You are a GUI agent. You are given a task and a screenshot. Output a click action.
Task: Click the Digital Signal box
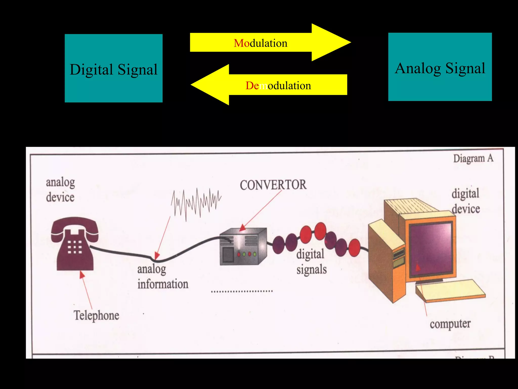(x=114, y=68)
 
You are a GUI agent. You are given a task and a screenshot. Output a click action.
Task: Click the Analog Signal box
(x=440, y=67)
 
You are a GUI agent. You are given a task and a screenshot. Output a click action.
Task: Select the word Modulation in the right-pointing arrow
(x=261, y=43)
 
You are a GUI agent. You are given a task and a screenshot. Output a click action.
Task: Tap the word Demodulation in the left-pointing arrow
(x=278, y=86)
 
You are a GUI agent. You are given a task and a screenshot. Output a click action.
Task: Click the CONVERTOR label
(x=273, y=185)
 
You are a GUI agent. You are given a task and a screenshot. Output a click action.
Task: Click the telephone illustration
(x=74, y=243)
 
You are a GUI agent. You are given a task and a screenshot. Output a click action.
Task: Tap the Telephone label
(x=96, y=316)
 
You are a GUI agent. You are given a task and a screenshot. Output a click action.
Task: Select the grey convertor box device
(x=243, y=247)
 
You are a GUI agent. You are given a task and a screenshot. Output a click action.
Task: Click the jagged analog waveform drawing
(x=196, y=203)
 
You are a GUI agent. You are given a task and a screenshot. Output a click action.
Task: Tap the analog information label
(x=163, y=277)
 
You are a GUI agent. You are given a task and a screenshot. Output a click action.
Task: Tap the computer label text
(x=450, y=324)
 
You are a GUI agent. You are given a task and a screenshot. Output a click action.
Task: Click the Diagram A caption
(x=473, y=159)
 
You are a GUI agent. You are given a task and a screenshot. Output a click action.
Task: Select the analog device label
(x=60, y=190)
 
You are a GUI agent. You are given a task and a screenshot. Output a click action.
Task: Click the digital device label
(x=466, y=201)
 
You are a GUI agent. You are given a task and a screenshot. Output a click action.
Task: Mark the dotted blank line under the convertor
(x=242, y=291)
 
